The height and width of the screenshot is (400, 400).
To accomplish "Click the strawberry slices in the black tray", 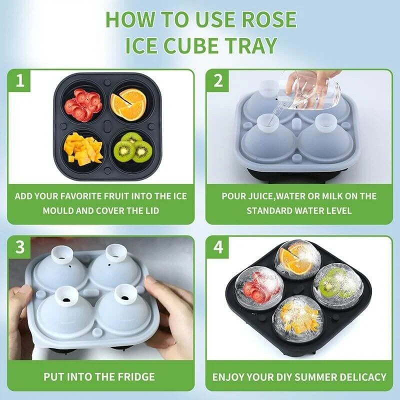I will coord(82,104).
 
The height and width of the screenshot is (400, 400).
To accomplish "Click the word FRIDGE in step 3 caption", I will coord(130,376).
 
